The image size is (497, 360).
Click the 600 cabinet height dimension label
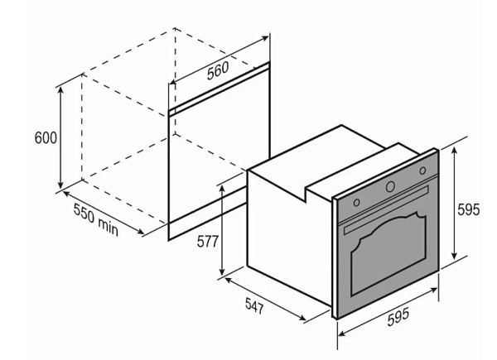coord(46,137)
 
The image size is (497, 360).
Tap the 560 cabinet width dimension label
coord(218,71)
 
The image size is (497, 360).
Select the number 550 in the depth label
coord(84,214)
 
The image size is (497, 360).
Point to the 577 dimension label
coord(208,242)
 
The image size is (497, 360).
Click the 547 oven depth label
coord(254,306)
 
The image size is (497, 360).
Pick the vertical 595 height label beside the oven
coord(469,209)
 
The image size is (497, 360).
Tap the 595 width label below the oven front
coord(398,317)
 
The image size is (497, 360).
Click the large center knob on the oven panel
coord(390,187)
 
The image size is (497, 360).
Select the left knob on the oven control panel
coord(356,202)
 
